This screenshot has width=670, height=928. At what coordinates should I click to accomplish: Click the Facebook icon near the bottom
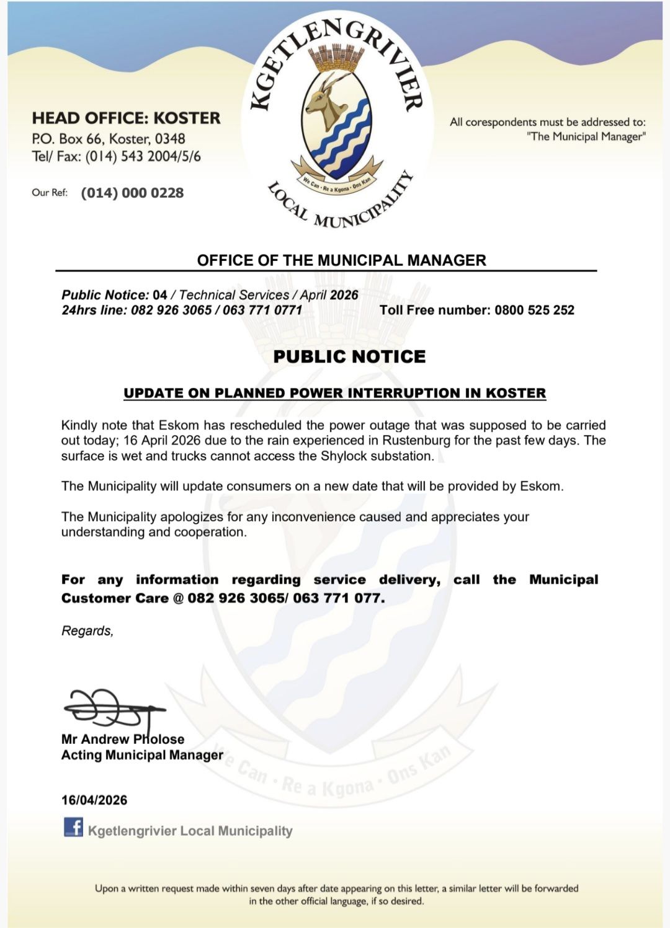click(73, 827)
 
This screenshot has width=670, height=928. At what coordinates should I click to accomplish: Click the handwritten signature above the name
click(112, 708)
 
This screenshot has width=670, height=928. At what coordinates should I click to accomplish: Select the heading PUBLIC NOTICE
click(349, 356)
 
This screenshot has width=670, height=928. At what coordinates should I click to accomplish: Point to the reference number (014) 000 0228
click(132, 193)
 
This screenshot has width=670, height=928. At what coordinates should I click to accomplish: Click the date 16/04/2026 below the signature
click(94, 800)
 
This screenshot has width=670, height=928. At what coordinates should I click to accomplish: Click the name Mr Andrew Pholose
click(123, 739)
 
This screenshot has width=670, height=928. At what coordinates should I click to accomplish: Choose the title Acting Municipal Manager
click(142, 755)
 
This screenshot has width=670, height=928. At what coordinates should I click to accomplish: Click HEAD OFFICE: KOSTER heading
click(126, 118)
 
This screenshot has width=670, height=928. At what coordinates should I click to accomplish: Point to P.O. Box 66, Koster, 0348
click(109, 139)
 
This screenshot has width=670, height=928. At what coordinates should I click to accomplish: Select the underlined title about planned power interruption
click(334, 393)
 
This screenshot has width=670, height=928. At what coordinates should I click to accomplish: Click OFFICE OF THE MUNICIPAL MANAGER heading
click(341, 260)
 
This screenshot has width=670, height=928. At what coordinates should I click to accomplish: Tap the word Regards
click(87, 631)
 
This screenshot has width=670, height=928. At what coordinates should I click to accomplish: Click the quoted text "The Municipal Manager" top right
click(586, 137)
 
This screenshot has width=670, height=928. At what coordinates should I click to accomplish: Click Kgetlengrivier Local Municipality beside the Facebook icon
click(190, 831)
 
